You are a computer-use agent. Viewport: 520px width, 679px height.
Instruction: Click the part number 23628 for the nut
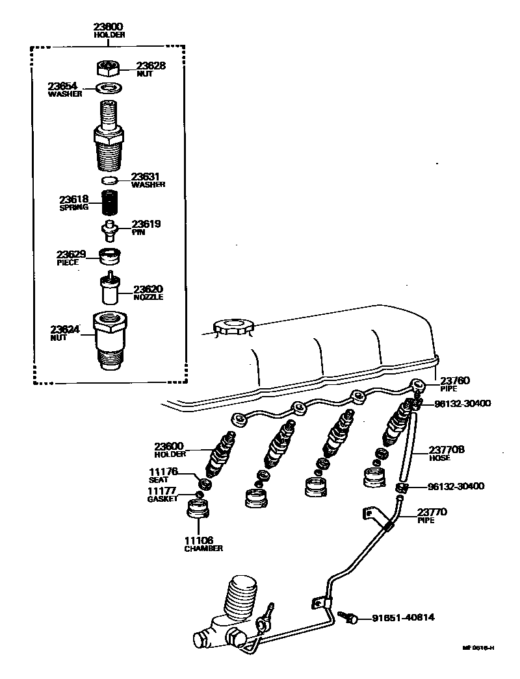pos(150,66)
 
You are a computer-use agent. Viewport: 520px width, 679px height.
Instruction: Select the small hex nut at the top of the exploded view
pos(109,67)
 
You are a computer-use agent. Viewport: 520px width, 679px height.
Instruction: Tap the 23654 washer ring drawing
pos(109,88)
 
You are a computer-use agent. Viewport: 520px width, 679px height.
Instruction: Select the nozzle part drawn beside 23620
pos(109,289)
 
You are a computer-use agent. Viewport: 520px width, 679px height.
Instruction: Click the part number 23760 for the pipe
pos(454,380)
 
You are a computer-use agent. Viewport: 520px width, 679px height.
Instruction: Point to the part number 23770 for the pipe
pos(432,512)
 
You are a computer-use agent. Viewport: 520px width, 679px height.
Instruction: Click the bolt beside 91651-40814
pos(353,618)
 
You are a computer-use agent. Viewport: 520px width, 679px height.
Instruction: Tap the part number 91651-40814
pos(403,618)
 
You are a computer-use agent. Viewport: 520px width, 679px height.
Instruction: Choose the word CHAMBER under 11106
pos(202,549)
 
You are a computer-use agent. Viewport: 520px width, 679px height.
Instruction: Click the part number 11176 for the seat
pos(162,471)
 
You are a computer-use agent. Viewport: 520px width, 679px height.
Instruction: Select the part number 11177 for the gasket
pos(162,491)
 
